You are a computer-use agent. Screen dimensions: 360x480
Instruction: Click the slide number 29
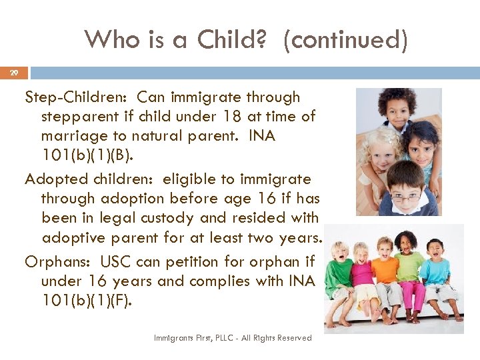[x=14, y=72]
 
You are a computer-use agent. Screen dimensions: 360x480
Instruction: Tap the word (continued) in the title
[x=345, y=40]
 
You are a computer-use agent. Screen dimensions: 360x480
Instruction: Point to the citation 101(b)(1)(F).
[x=87, y=301]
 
